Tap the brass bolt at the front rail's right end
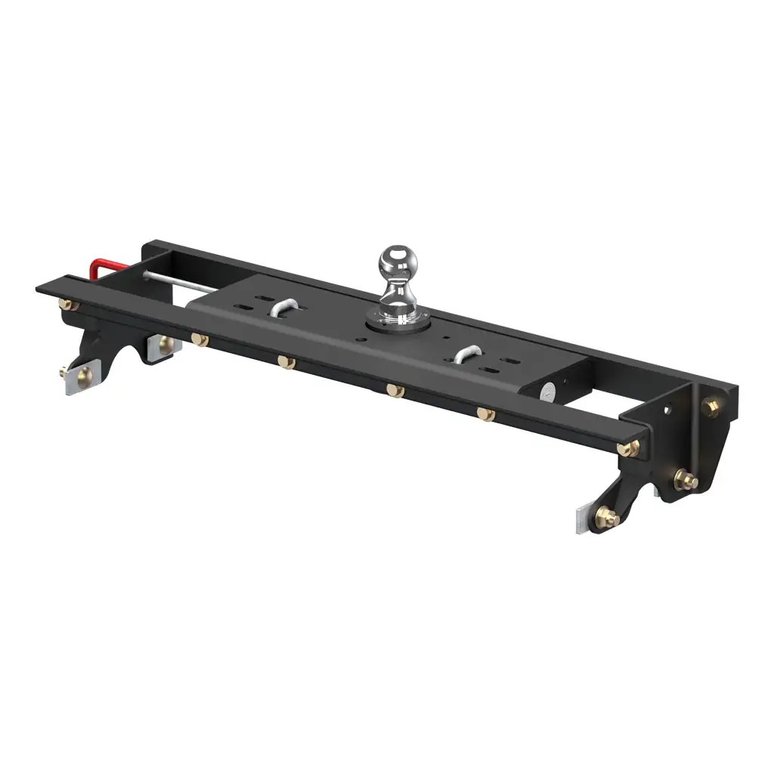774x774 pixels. pyautogui.click(x=632, y=447)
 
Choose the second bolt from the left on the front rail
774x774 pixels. pyautogui.click(x=200, y=339)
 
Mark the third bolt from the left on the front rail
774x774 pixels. pyautogui.click(x=286, y=362)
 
